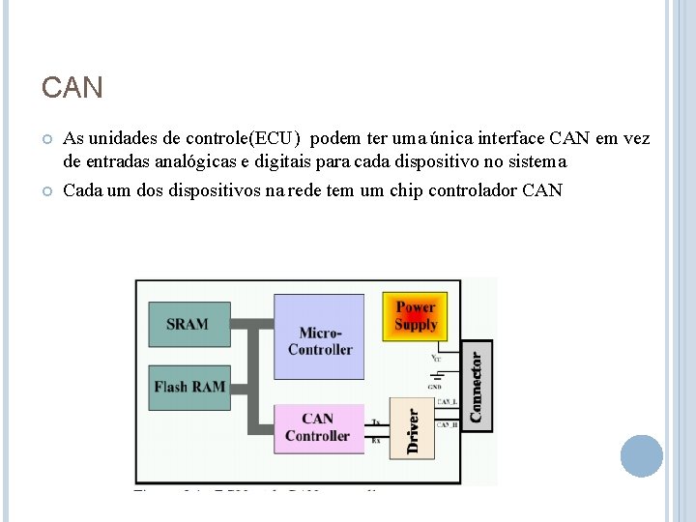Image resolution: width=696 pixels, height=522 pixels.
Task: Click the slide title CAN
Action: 72,89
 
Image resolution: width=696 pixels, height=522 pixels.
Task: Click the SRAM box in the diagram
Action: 188,324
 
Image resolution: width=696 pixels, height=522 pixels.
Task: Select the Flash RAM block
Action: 188,387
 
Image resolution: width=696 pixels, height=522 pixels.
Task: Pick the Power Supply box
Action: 416,315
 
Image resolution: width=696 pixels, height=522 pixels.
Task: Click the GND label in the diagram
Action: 435,386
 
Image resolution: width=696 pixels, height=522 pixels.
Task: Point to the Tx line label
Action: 375,422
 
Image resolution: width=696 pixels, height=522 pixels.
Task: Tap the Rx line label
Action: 375,440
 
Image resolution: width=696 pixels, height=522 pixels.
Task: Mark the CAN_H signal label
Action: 447,424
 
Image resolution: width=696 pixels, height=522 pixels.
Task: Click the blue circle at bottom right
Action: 641,455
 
